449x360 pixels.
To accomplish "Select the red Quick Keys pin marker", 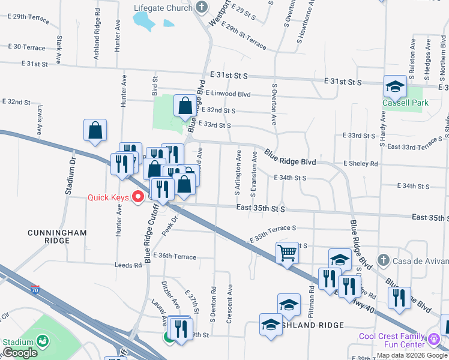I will pos(137,196).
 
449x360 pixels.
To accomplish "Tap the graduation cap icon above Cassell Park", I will pos(396,87).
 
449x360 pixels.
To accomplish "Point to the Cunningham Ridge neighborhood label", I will pos(57,236).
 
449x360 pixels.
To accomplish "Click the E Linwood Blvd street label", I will pos(228,94).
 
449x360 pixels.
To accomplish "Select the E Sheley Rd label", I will pos(360,164).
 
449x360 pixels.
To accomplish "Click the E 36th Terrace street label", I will pos(174,256).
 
